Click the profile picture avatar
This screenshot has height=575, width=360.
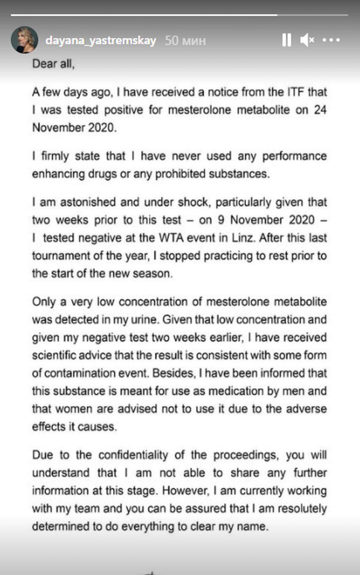(24, 40)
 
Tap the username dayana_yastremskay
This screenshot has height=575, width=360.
(101, 40)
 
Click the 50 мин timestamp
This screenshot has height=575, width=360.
(185, 41)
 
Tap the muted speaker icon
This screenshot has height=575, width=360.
(307, 40)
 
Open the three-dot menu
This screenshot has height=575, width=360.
(331, 40)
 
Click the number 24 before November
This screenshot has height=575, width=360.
(320, 110)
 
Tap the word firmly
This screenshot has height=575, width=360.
(55, 156)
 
